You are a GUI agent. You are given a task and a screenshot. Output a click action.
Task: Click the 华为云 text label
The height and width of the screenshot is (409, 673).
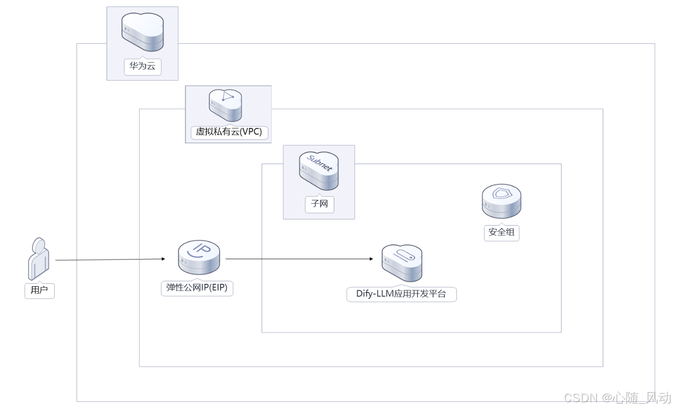[x=142, y=66]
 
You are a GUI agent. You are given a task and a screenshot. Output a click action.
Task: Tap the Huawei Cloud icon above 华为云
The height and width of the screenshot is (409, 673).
[x=142, y=32]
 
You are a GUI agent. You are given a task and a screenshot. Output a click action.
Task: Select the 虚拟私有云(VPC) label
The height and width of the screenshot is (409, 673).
[x=229, y=132]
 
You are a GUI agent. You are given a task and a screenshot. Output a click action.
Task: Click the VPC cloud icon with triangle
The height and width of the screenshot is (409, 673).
[x=225, y=104]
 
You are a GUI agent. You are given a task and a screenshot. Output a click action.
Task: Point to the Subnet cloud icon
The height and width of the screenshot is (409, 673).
[x=319, y=170]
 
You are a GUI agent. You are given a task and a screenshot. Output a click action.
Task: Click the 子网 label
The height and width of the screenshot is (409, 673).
[x=319, y=204]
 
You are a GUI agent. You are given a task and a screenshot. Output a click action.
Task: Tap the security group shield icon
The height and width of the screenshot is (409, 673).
[x=501, y=200]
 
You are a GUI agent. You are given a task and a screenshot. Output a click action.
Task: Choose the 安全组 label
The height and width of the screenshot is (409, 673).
[x=501, y=232]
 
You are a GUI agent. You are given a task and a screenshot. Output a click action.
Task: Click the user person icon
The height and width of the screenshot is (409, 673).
[x=39, y=258]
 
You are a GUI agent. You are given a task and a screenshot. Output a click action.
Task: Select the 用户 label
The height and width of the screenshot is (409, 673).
[x=39, y=291]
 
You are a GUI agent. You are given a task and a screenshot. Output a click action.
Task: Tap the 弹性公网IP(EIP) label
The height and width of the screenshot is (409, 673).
[x=197, y=288]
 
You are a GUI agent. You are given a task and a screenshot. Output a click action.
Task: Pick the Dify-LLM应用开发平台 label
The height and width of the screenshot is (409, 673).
[x=401, y=294]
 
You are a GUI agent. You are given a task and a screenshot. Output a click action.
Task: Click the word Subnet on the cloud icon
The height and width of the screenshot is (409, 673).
[x=320, y=164]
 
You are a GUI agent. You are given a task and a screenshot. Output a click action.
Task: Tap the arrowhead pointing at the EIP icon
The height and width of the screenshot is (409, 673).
[x=163, y=259]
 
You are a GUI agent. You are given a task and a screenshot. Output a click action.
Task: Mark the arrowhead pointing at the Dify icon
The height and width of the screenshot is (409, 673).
[x=372, y=259]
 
